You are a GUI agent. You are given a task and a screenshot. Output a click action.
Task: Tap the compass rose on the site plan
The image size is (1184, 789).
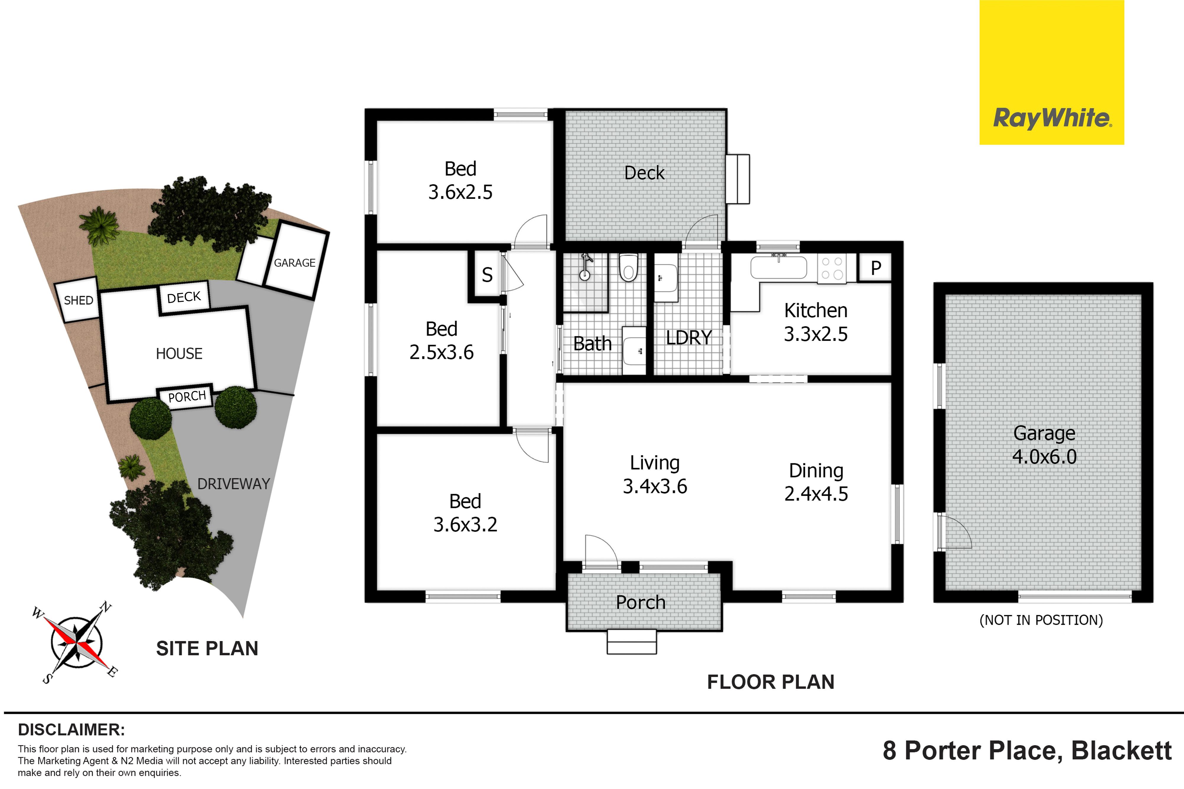click(77, 643)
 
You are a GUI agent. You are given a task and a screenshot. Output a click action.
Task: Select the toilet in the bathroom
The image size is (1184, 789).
click(628, 267)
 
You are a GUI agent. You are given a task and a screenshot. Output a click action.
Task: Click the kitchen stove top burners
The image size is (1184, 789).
click(832, 268)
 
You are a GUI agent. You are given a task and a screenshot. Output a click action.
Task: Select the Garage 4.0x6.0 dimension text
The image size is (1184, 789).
click(1044, 457)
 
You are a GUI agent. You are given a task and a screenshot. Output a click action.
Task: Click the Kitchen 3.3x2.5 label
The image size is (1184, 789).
click(815, 322)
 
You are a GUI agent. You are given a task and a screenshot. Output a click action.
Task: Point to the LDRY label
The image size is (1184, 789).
click(689, 338)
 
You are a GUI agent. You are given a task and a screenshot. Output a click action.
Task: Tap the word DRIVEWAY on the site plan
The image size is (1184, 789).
click(234, 484)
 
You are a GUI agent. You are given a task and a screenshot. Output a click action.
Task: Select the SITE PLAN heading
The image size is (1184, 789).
click(207, 648)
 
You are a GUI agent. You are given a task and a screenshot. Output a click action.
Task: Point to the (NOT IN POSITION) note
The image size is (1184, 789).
click(1041, 620)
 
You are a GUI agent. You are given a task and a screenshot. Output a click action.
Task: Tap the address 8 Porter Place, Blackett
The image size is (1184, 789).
click(1027, 751)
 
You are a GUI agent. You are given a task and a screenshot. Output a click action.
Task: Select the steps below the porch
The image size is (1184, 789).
click(632, 642)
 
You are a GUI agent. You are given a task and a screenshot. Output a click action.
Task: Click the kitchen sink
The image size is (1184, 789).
click(778, 267)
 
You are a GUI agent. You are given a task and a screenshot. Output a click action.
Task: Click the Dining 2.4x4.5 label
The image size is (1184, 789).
click(816, 482)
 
